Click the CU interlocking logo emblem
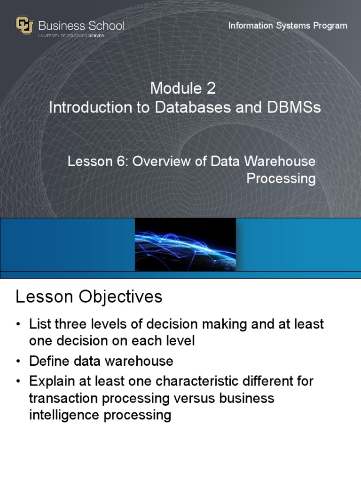coord(25,25)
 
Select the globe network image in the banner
coord(185,244)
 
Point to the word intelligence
coord(65,416)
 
